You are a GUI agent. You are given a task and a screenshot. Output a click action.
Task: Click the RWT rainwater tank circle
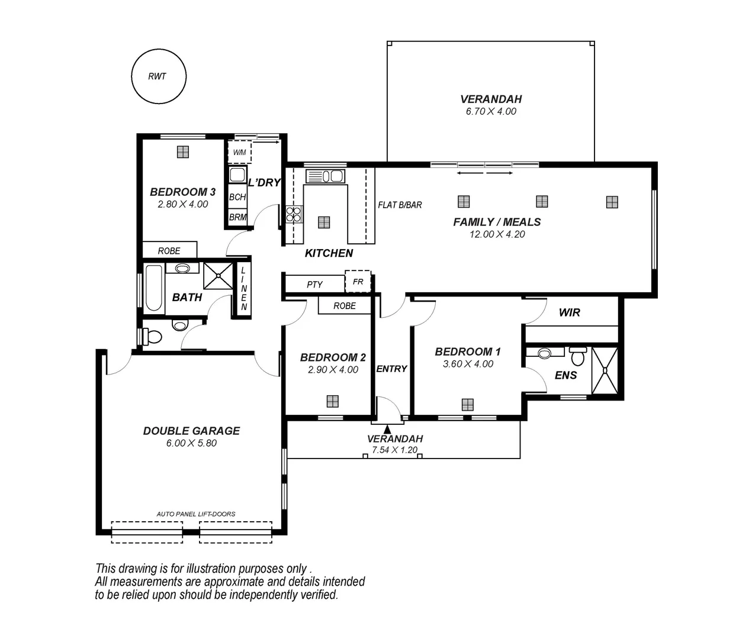(x=158, y=76)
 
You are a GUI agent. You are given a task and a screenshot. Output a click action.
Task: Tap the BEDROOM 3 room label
(x=182, y=192)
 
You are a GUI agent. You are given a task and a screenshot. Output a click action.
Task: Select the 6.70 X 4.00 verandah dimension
(x=491, y=111)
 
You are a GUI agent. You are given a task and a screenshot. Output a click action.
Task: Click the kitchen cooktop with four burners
(x=294, y=214)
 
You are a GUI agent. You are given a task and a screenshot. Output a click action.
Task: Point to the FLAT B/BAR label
(x=400, y=205)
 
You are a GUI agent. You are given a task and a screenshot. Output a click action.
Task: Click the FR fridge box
(x=358, y=282)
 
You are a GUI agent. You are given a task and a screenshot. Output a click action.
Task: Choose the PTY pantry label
(x=314, y=285)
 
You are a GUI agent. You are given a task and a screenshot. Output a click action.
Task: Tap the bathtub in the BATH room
(x=153, y=288)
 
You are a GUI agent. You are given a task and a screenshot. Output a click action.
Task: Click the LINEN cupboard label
(x=243, y=289)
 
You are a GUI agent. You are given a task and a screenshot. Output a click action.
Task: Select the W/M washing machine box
(x=239, y=152)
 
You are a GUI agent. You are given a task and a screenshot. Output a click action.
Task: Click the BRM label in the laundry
(x=237, y=217)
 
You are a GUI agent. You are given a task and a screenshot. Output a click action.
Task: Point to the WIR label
(x=569, y=312)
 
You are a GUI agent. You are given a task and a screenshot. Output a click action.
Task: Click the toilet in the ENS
(x=578, y=356)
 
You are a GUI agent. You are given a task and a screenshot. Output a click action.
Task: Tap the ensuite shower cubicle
(x=605, y=371)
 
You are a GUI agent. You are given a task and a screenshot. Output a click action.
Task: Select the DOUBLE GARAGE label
(x=191, y=431)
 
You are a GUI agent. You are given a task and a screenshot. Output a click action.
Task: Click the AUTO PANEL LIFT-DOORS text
(x=195, y=514)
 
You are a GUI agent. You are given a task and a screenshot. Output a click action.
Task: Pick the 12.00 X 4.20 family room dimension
(x=497, y=234)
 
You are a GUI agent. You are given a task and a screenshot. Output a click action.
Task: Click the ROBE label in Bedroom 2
(x=344, y=306)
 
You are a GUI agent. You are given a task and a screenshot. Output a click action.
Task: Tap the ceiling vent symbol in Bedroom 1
(x=467, y=405)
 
